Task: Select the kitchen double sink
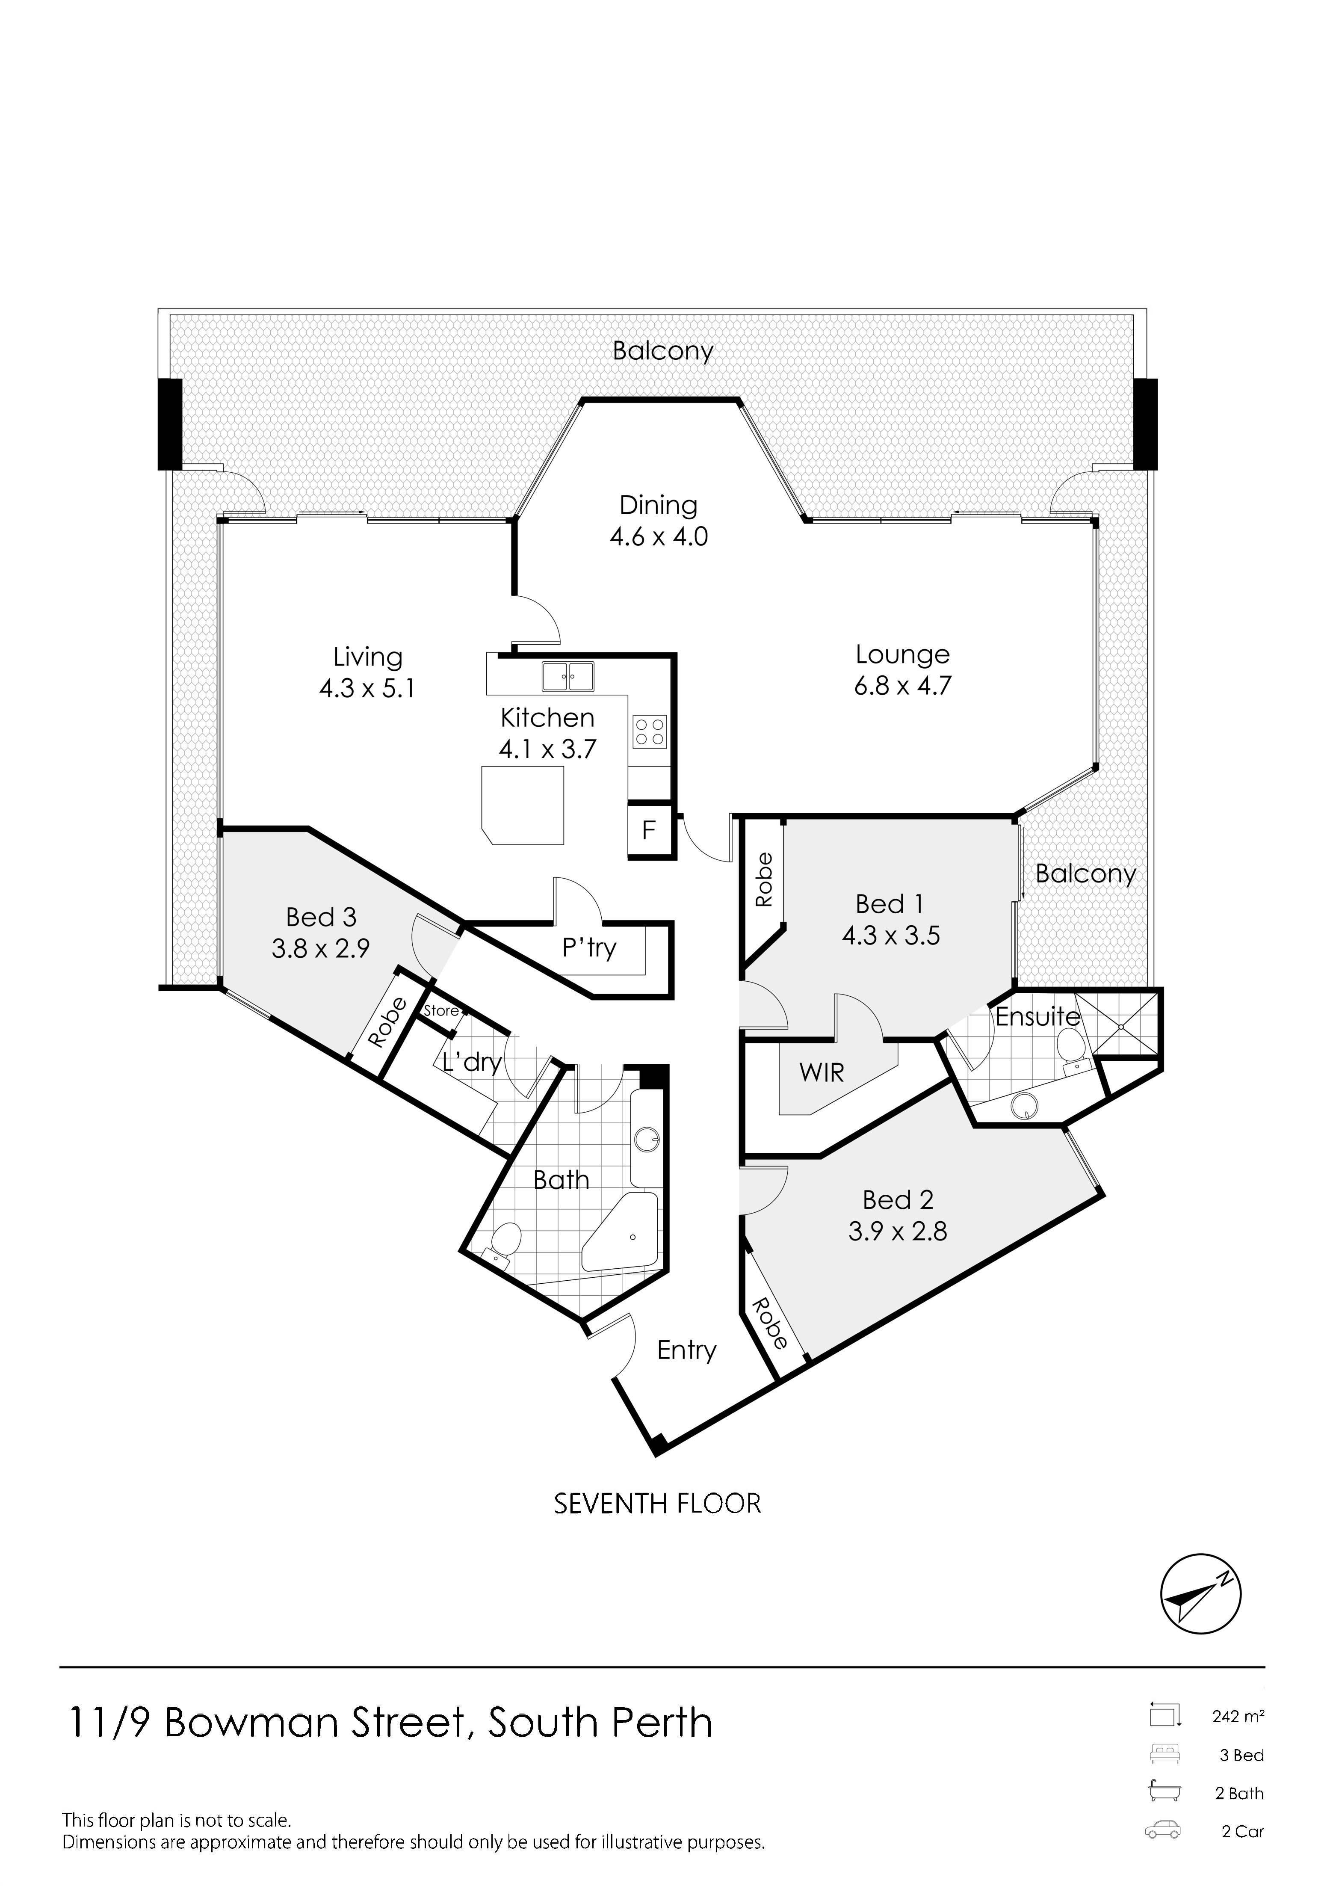pyautogui.click(x=567, y=677)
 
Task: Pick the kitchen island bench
pyautogui.click(x=523, y=805)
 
